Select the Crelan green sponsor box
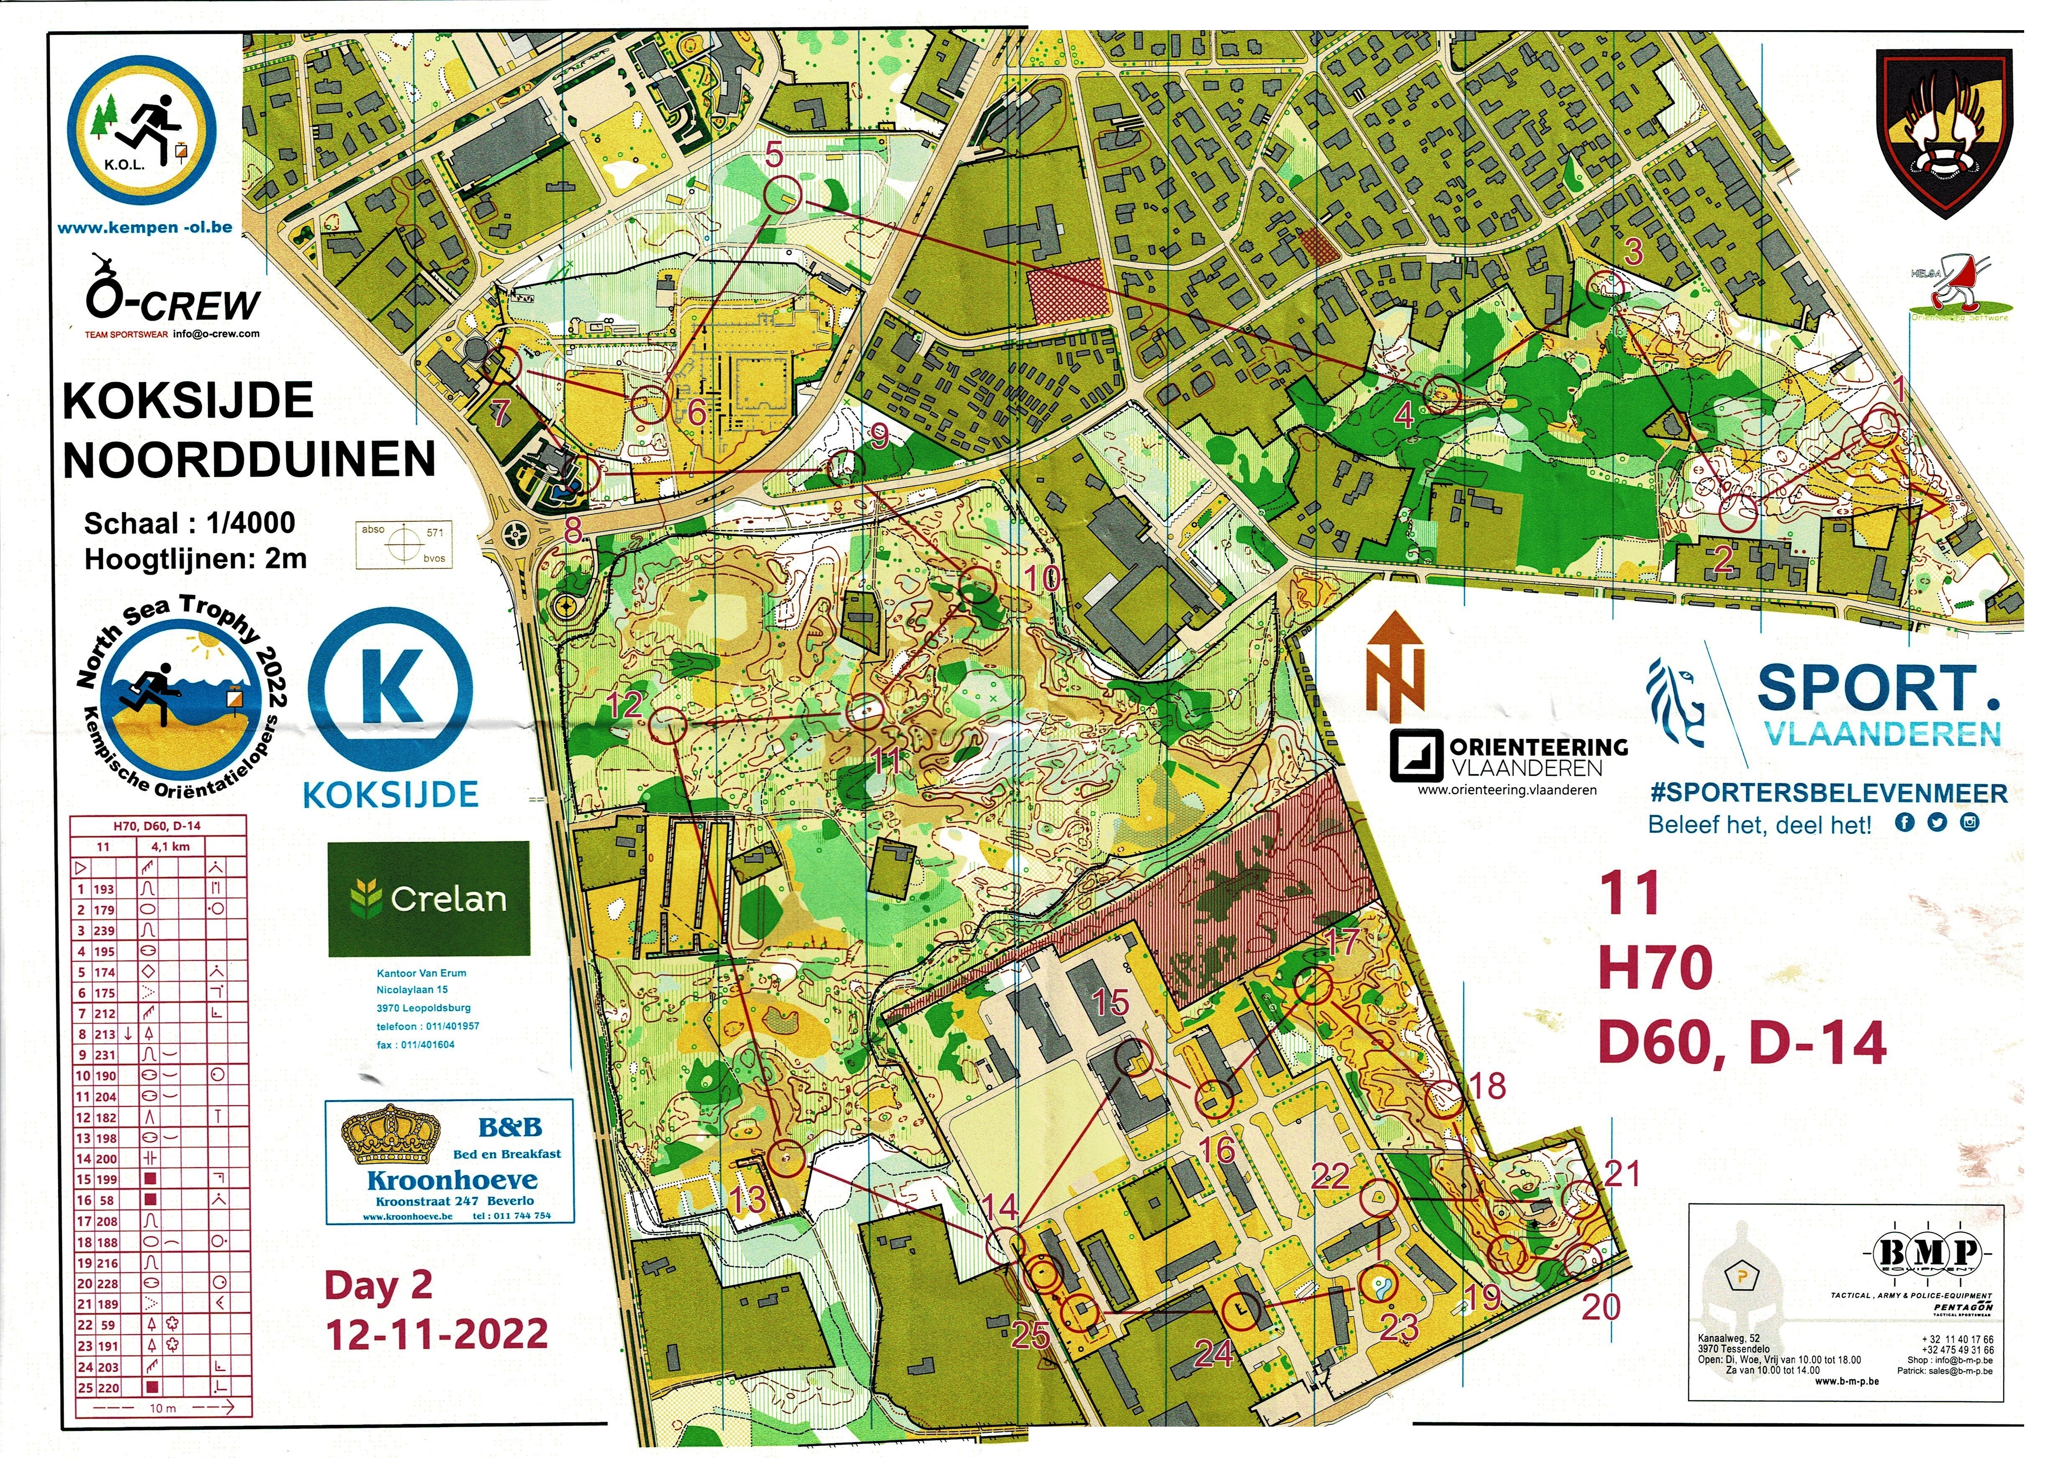click(428, 898)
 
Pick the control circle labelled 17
click(1312, 986)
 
